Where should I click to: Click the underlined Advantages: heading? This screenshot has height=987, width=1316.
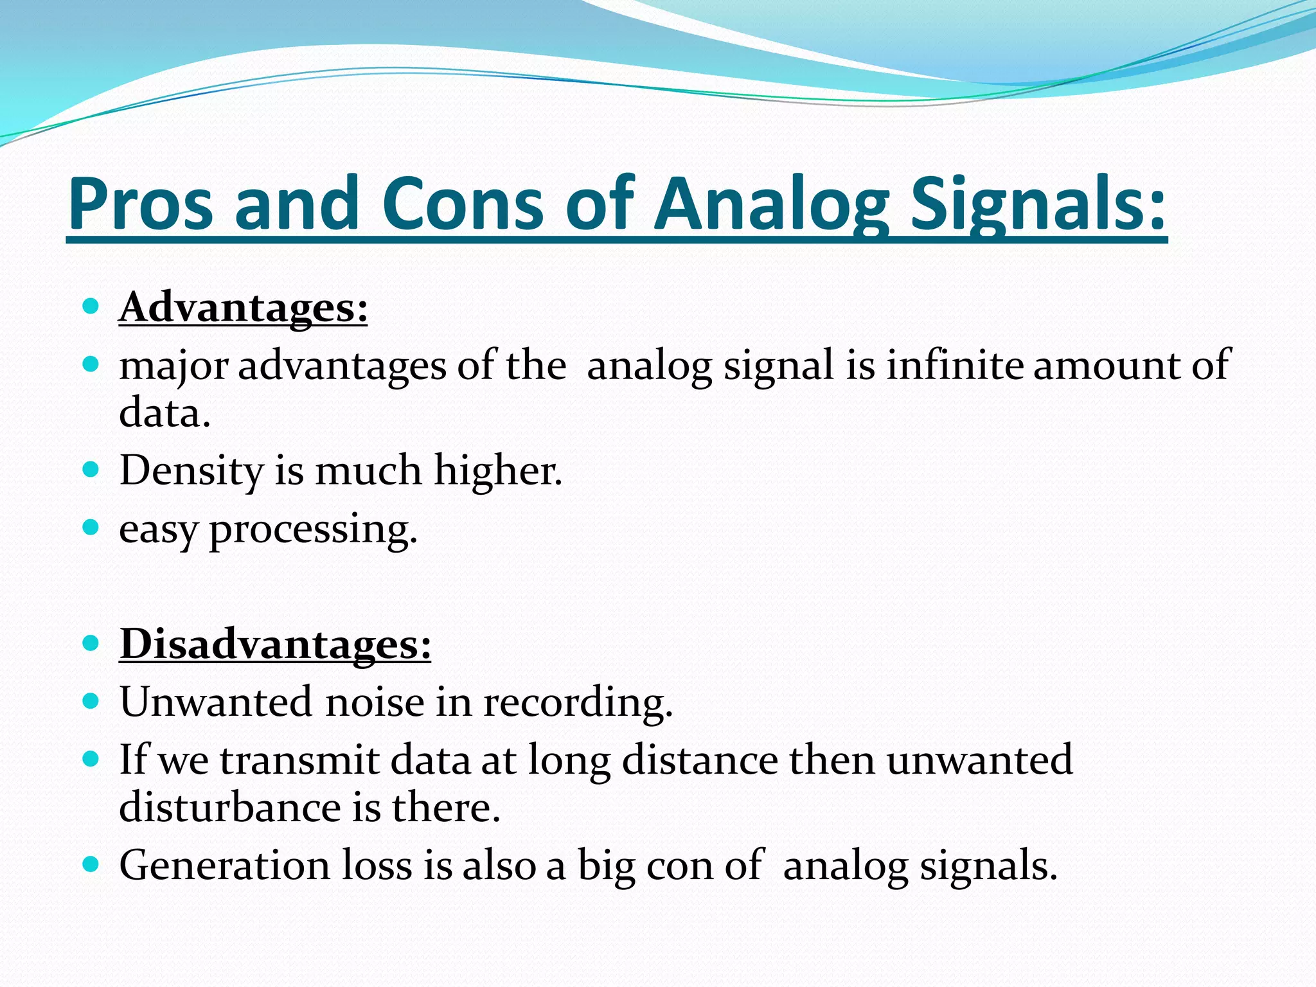coord(243,307)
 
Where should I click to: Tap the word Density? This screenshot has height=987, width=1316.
coord(191,470)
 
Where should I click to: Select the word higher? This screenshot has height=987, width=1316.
coord(497,470)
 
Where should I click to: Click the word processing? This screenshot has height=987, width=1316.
coord(313,529)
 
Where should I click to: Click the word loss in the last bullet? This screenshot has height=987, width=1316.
coord(376,865)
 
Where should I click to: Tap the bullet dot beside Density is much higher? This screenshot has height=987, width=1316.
coord(91,469)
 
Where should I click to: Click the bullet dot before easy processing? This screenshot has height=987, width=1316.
coord(91,528)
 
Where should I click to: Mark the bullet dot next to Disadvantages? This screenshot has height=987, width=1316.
coord(91,643)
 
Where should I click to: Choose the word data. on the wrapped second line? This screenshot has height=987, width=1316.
coord(164,413)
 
